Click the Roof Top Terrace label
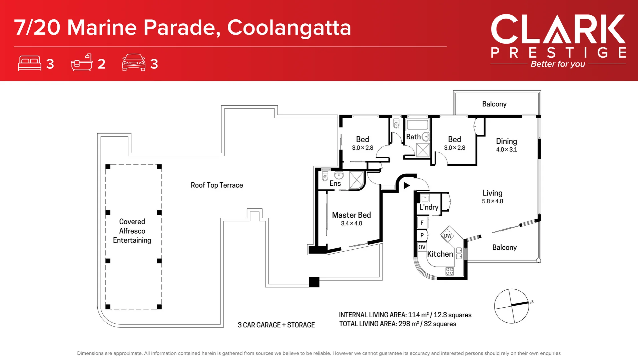tap(217, 185)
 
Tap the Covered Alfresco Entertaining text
tap(132, 231)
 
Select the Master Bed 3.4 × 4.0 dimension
tap(351, 223)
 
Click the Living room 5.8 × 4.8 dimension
tap(492, 201)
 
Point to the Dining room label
tap(506, 141)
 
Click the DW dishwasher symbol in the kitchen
tap(448, 236)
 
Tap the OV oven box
tap(422, 247)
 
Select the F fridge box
tap(422, 223)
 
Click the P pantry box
tap(422, 235)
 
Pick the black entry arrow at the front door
tap(406, 185)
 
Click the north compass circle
tap(511, 306)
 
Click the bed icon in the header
tap(29, 63)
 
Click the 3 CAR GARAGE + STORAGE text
tap(276, 325)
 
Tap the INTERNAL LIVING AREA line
tap(405, 315)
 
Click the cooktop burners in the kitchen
tap(449, 271)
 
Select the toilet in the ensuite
tap(325, 177)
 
